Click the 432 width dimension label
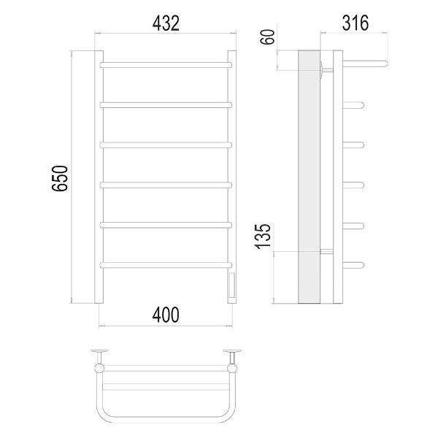(x=166, y=23)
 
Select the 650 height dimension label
(x=60, y=178)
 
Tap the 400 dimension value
(x=166, y=315)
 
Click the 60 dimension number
(x=267, y=36)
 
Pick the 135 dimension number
(x=263, y=237)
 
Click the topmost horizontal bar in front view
(x=166, y=65)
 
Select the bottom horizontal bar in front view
(x=166, y=265)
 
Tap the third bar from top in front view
(x=166, y=145)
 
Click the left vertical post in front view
(x=99, y=177)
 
